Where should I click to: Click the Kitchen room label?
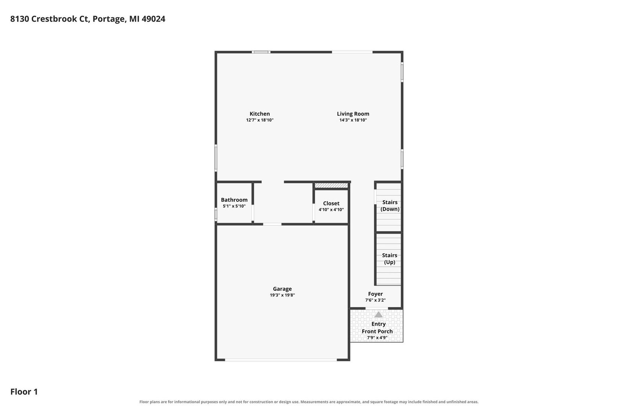260,114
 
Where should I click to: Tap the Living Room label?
353,114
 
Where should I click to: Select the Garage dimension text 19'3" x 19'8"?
282,295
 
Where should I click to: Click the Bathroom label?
234,200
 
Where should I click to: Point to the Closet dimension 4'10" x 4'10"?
331,209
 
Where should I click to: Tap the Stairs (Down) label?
390,206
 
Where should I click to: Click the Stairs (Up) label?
389,259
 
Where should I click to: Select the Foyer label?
375,294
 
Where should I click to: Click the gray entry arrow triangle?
378,314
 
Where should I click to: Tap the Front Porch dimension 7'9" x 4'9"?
377,338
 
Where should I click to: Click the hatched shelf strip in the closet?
332,185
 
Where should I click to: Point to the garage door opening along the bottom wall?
281,360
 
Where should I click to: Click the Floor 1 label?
24,391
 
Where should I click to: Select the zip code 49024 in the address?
153,19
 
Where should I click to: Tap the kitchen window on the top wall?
261,52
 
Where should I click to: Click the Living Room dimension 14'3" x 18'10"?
353,120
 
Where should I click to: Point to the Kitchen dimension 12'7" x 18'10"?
260,120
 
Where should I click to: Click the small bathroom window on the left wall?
216,214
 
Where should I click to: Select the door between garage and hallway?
272,224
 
